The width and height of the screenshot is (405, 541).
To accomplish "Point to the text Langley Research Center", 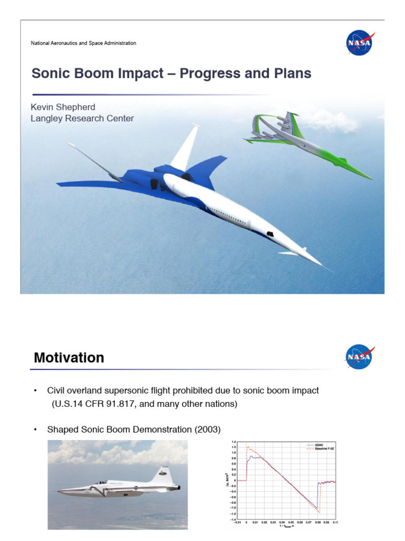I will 82,118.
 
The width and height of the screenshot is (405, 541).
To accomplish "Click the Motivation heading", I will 69,358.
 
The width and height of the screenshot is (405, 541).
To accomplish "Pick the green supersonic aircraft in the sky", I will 311,145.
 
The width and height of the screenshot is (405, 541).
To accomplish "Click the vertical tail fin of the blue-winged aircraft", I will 185,143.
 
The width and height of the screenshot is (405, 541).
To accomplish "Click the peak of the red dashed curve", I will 248,447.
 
